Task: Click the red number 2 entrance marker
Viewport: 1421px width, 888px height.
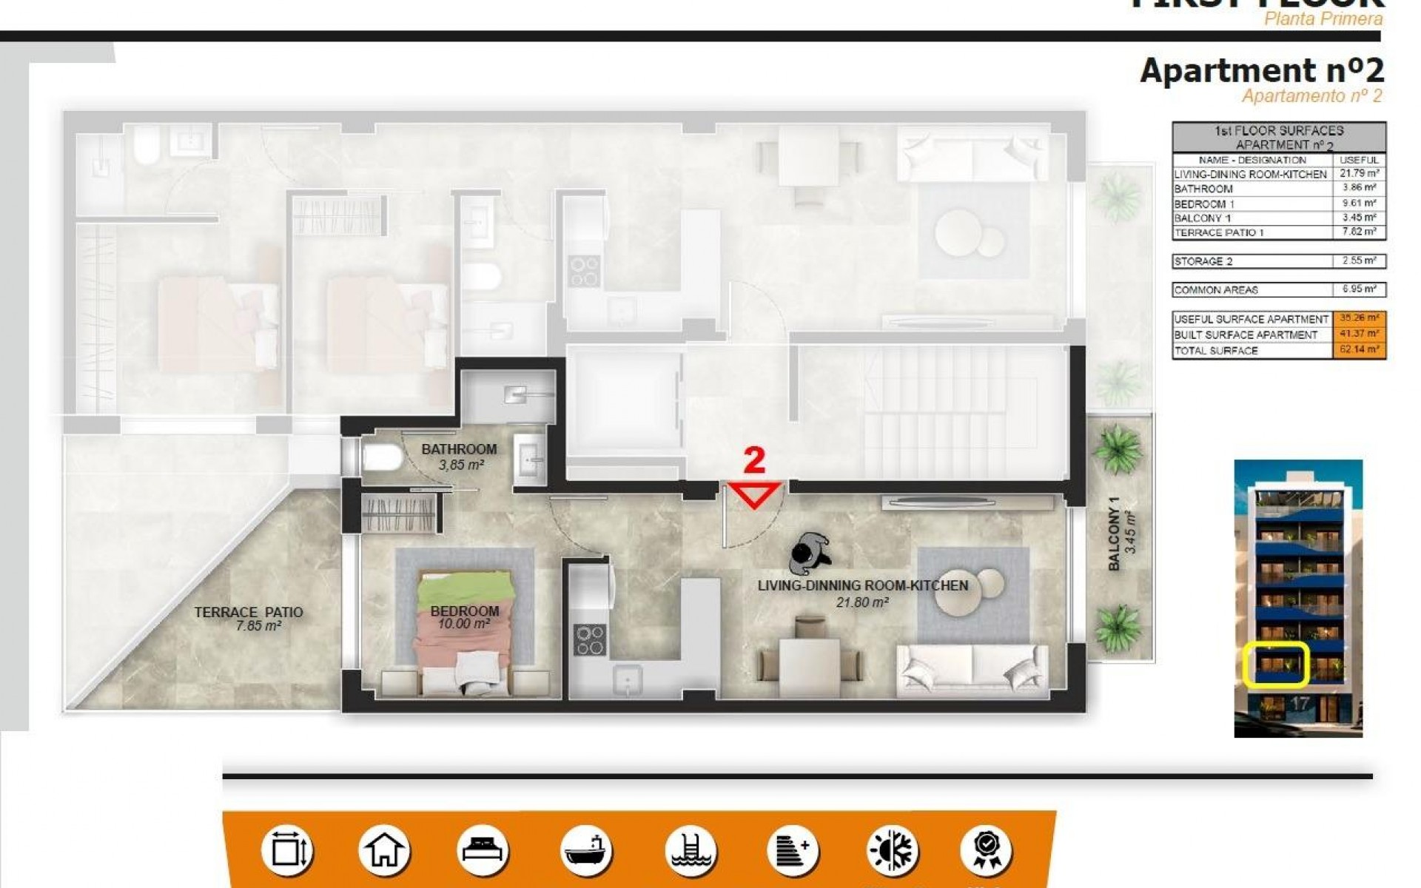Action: (x=753, y=461)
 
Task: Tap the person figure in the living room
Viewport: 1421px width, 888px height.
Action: (x=809, y=554)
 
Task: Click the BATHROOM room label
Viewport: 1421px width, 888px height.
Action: (x=459, y=449)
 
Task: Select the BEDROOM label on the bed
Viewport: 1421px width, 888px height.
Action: (x=465, y=611)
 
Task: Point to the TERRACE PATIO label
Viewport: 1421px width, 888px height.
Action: (x=249, y=613)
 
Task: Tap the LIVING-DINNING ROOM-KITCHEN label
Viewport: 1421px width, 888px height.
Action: (x=862, y=585)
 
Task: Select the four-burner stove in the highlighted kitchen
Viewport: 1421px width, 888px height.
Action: (x=590, y=640)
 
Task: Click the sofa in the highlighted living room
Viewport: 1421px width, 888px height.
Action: (x=972, y=670)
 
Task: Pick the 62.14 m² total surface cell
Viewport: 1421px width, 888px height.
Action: (x=1359, y=350)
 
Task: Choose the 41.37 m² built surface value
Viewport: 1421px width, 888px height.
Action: (x=1359, y=334)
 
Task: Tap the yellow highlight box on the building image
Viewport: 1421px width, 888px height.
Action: (x=1276, y=664)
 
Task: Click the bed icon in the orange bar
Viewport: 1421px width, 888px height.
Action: (x=482, y=851)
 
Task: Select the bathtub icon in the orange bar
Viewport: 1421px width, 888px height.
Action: (x=585, y=851)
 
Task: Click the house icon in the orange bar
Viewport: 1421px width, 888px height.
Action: (x=383, y=851)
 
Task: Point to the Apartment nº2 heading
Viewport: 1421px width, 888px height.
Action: (x=1261, y=71)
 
